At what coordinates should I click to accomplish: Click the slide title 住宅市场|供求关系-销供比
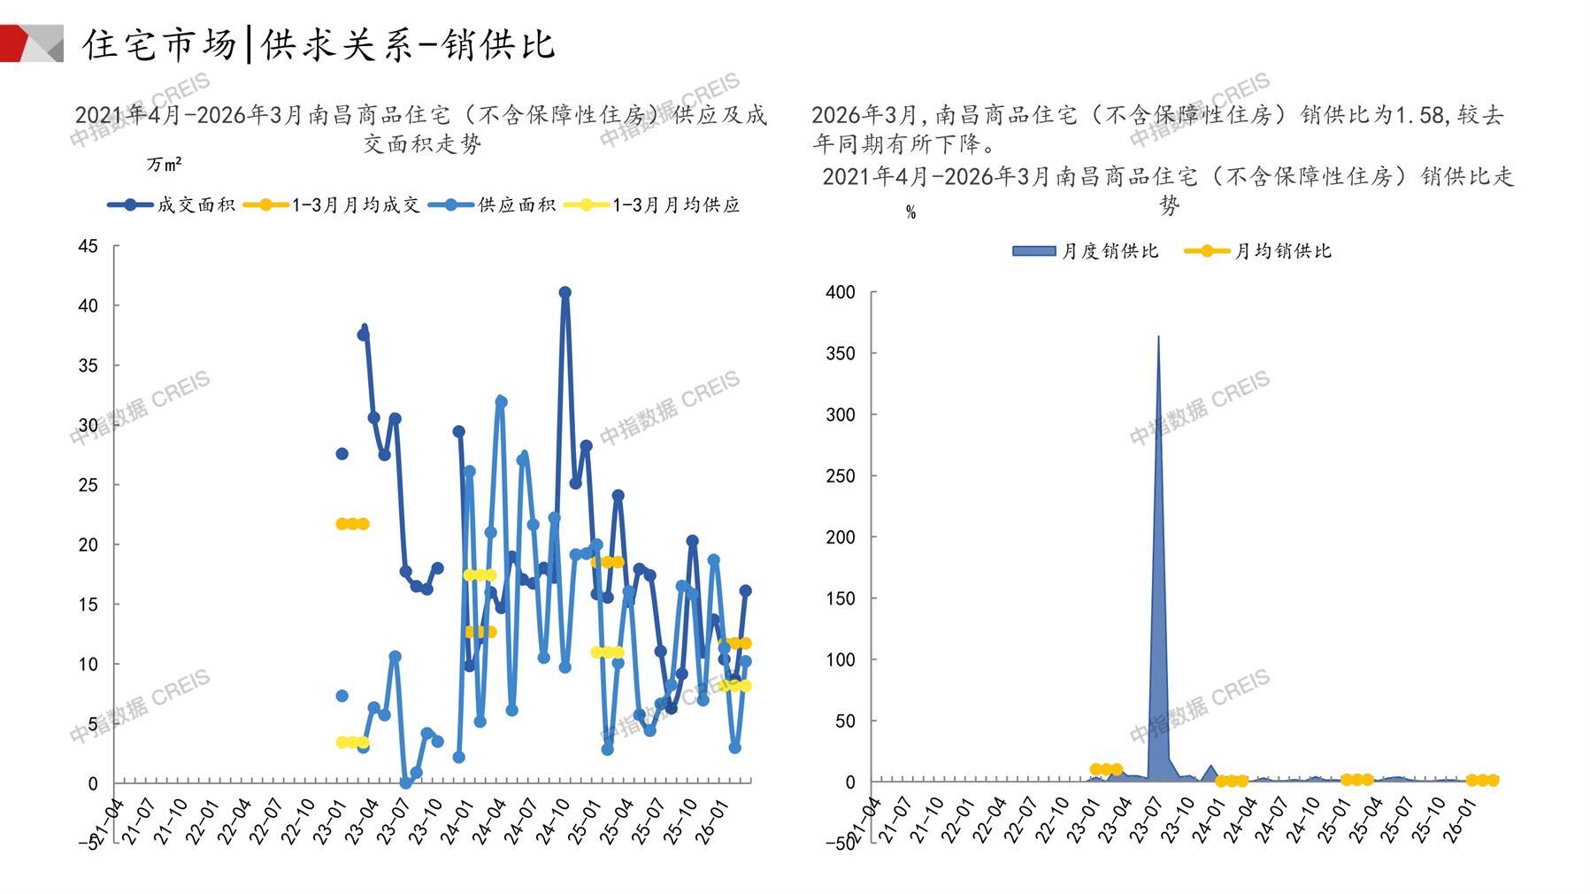point(319,44)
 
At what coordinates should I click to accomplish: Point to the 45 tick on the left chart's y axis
point(88,246)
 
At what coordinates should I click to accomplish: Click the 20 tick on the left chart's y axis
point(88,544)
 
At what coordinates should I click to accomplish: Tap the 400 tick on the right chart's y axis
point(840,292)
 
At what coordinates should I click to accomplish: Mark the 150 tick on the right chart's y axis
point(840,598)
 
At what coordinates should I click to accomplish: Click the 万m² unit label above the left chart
point(165,165)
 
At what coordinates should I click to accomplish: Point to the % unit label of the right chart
point(910,212)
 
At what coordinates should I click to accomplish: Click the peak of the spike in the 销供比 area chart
point(1158,337)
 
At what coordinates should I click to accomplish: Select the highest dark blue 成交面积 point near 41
point(565,292)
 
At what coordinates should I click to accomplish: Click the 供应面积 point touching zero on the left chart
point(405,783)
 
